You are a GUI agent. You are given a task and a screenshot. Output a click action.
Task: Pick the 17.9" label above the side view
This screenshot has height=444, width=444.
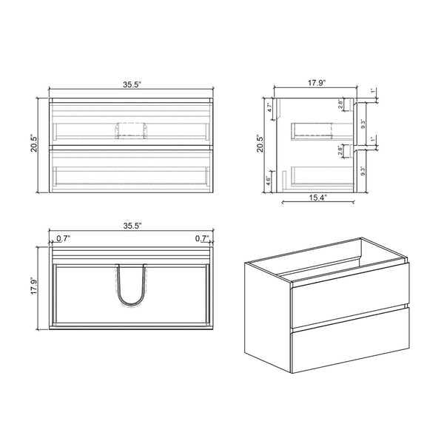tap(318, 84)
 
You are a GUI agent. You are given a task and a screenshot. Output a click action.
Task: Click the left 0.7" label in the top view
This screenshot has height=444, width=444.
tap(64, 238)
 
